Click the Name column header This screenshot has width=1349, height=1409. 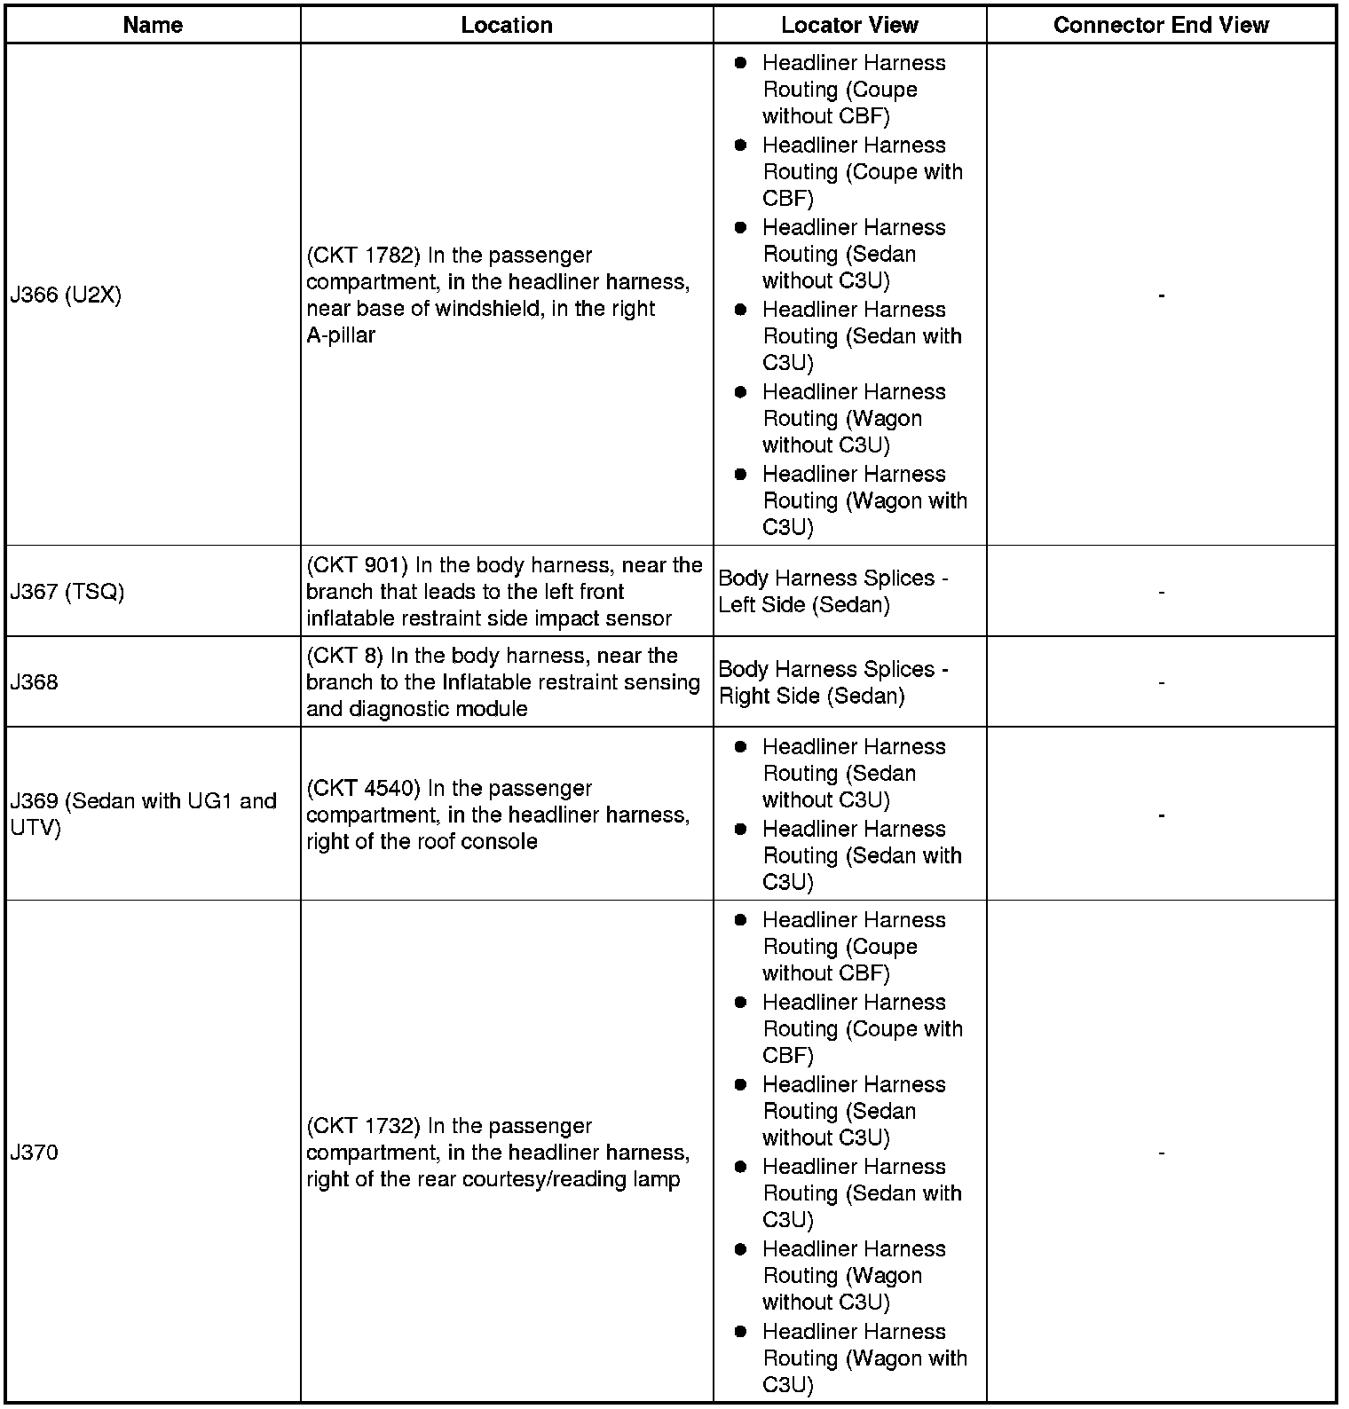click(153, 25)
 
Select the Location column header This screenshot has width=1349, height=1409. click(506, 25)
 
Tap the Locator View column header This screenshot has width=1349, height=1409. click(849, 25)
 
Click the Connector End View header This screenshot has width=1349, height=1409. click(1161, 25)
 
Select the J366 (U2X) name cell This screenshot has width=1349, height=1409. click(66, 295)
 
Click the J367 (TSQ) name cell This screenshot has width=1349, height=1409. click(67, 592)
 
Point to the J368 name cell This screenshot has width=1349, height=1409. click(35, 682)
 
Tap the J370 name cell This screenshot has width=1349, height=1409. click(35, 1153)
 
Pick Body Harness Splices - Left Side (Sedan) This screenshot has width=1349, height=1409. click(832, 592)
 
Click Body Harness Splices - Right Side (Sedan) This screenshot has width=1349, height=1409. click(832, 682)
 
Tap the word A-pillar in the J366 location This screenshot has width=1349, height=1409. click(341, 335)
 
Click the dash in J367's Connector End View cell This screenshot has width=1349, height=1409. click(1161, 592)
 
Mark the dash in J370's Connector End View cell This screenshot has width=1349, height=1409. click(1161, 1153)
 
